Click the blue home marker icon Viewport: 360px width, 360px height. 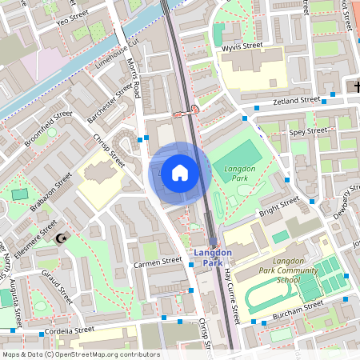180,172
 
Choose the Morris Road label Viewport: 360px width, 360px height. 134,79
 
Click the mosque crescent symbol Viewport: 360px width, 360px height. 62,238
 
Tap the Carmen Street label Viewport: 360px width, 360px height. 158,262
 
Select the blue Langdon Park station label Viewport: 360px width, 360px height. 213,258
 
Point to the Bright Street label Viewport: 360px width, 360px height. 278,206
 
